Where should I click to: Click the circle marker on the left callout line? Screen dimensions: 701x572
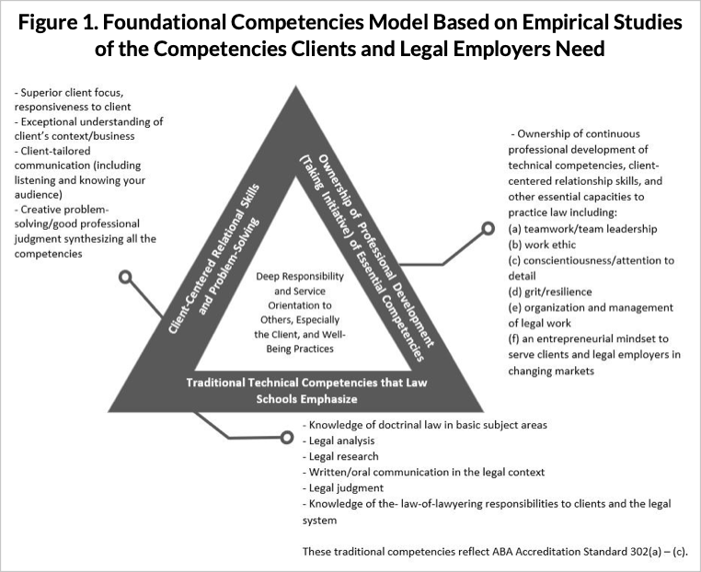point(126,277)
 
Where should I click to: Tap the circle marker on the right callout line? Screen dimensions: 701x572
point(488,228)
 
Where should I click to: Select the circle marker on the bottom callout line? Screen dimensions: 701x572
point(287,437)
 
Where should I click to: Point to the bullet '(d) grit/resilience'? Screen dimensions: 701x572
point(550,292)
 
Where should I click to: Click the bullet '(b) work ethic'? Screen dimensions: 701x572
point(542,245)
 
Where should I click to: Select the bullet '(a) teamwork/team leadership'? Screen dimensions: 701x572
point(582,229)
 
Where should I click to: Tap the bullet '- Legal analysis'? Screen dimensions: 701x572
point(339,440)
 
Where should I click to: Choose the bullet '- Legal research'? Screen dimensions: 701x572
point(340,456)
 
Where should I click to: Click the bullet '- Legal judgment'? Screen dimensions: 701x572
point(343,488)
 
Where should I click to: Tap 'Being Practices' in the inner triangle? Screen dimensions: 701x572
point(300,349)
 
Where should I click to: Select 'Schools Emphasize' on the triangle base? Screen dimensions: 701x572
point(306,398)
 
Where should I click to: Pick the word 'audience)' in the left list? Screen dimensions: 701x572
point(38,195)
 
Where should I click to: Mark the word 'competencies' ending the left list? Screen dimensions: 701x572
point(48,254)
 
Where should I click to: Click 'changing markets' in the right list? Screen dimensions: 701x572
point(551,371)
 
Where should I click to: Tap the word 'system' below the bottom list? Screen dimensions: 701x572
point(319,521)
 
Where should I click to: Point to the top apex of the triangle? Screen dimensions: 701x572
point(295,86)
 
